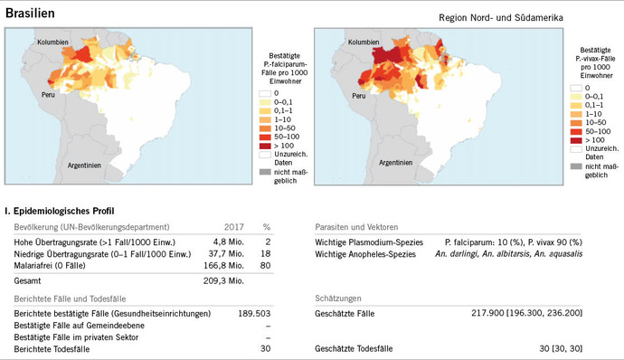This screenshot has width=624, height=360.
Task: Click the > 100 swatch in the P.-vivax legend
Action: tap(576, 140)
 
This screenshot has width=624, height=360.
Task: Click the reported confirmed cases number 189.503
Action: tap(232, 313)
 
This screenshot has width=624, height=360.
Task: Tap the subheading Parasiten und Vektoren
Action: tap(357, 226)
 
